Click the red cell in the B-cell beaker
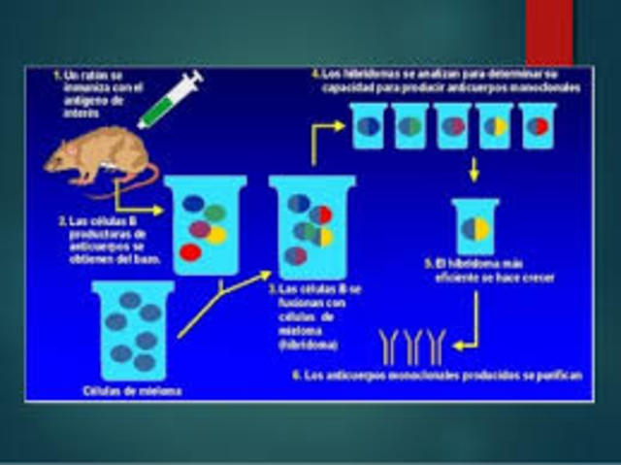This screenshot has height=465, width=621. coord(190,252)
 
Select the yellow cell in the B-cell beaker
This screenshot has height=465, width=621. coord(217,234)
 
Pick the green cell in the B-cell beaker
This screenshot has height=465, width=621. coord(215,213)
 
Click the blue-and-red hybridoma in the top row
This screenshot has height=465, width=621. coord(538,126)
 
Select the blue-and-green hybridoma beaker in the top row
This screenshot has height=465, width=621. coord(410,126)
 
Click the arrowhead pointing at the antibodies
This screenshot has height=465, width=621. coord(457,346)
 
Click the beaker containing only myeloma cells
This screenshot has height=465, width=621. coord(134,330)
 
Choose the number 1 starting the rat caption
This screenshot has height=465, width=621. coord(57,74)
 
